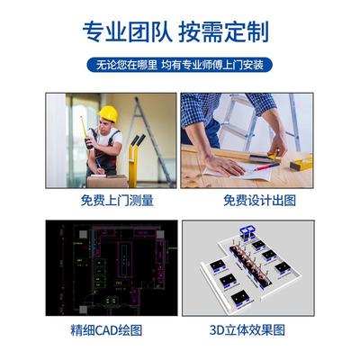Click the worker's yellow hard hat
tap(108, 113)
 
